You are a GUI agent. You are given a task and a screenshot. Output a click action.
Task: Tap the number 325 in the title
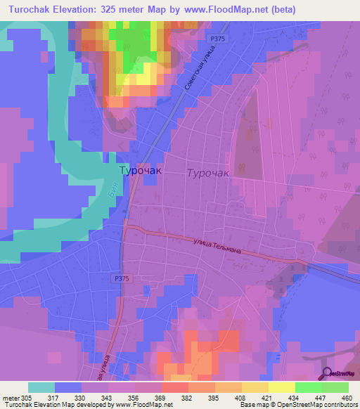pos(120,10)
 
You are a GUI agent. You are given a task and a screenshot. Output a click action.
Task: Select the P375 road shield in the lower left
pos(120,278)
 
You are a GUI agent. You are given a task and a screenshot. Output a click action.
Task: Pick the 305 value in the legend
pos(30,398)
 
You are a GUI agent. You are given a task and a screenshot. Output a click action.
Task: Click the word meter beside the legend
pos(11,398)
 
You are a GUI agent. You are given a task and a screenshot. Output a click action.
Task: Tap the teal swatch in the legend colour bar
pos(41,387)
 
